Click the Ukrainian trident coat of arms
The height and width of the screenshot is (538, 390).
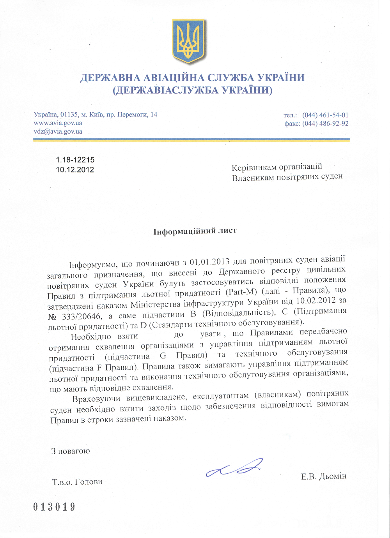pos(189,41)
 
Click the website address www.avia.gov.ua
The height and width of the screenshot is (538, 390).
pos(58,123)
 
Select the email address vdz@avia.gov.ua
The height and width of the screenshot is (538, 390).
pos(58,131)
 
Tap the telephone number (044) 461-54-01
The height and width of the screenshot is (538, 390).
pos(325,115)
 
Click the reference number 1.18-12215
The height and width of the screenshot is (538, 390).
pos(75,160)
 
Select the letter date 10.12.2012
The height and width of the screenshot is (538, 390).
pos(75,169)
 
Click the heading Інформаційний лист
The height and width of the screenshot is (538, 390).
pos(195,231)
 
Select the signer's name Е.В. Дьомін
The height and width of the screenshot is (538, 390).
pos(324,476)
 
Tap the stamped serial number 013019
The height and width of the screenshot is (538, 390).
pos(54,507)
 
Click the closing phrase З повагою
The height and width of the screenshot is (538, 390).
pos(71,451)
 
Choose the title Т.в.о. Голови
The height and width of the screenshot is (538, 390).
pos(77,482)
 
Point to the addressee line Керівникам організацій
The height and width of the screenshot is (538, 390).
pos(277,167)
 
